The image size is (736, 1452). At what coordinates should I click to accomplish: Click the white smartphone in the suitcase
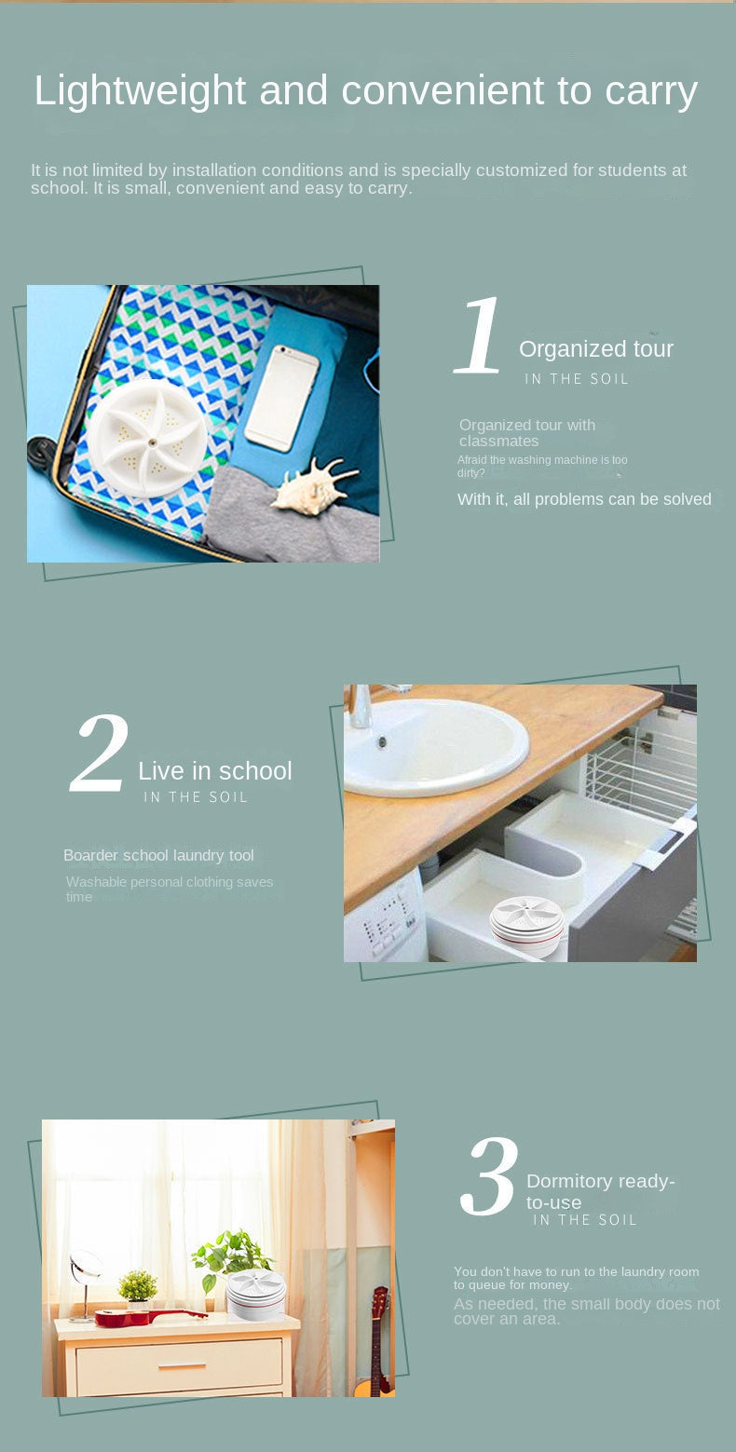click(x=282, y=398)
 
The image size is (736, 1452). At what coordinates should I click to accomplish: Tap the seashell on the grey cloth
click(x=313, y=485)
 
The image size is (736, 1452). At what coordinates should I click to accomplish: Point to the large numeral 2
click(x=100, y=754)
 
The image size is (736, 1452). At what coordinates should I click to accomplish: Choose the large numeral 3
click(x=488, y=1177)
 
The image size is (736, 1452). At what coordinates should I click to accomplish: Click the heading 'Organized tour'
click(x=595, y=349)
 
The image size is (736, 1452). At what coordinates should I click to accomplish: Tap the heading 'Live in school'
click(x=214, y=771)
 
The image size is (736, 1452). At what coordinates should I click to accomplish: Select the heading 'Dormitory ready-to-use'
click(x=600, y=1191)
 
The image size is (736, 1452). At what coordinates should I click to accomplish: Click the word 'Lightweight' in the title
click(x=140, y=91)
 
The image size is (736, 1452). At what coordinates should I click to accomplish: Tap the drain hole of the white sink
click(x=382, y=742)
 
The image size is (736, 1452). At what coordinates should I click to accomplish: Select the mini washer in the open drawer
click(x=527, y=925)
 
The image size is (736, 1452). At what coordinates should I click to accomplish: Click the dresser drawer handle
click(x=182, y=1366)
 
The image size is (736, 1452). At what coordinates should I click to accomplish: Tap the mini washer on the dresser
click(x=255, y=1294)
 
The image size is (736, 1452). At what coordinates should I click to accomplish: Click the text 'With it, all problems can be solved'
click(x=584, y=500)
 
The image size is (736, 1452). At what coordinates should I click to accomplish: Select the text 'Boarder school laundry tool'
click(x=157, y=855)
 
